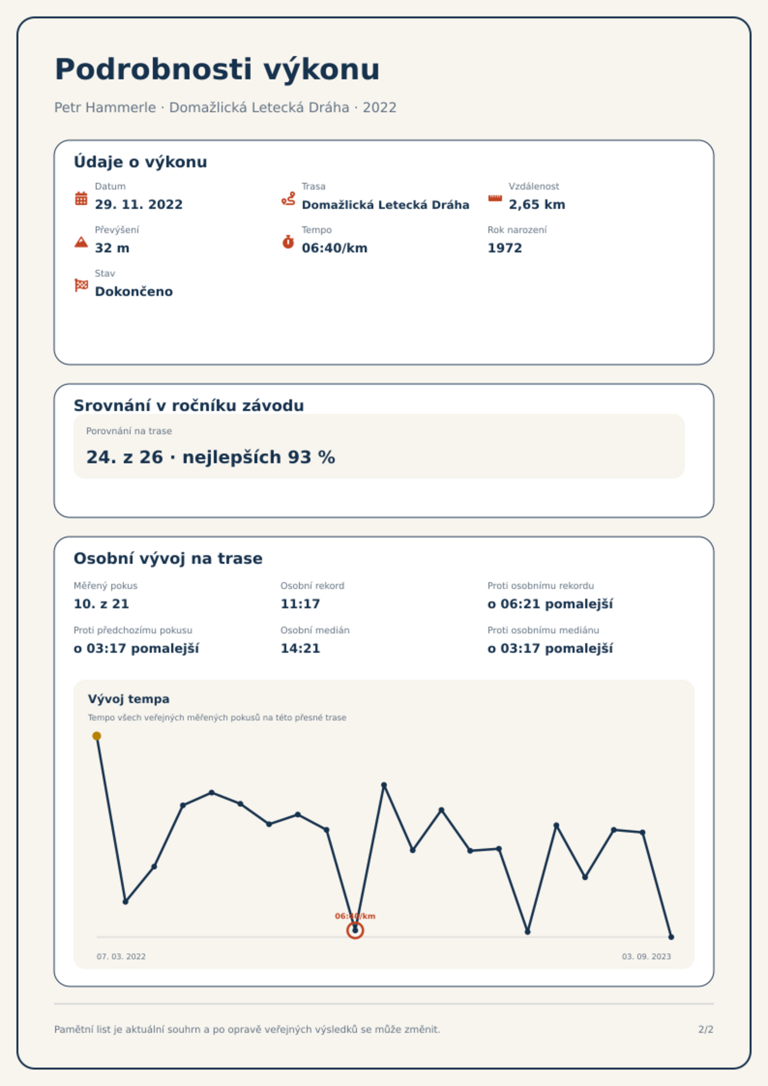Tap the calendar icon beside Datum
pyautogui.click(x=81, y=198)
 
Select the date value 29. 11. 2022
pyautogui.click(x=139, y=205)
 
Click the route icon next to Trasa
pyautogui.click(x=288, y=198)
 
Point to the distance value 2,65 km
pyautogui.click(x=537, y=205)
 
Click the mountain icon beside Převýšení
pyautogui.click(x=81, y=242)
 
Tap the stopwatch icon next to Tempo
pyautogui.click(x=288, y=242)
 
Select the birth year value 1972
pyautogui.click(x=505, y=248)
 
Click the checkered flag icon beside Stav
pyautogui.click(x=81, y=285)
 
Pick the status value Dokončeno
pyautogui.click(x=134, y=292)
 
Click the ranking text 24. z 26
pyautogui.click(x=125, y=457)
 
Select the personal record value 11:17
pyautogui.click(x=300, y=604)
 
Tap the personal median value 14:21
pyautogui.click(x=300, y=648)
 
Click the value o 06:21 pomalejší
pyautogui.click(x=550, y=604)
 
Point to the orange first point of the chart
pyautogui.click(x=97, y=736)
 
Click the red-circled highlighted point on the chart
pyautogui.click(x=355, y=930)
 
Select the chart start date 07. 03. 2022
pyautogui.click(x=121, y=956)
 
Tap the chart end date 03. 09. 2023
pyautogui.click(x=647, y=956)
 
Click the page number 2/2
pyautogui.click(x=706, y=1029)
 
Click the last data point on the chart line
pyautogui.click(x=671, y=937)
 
